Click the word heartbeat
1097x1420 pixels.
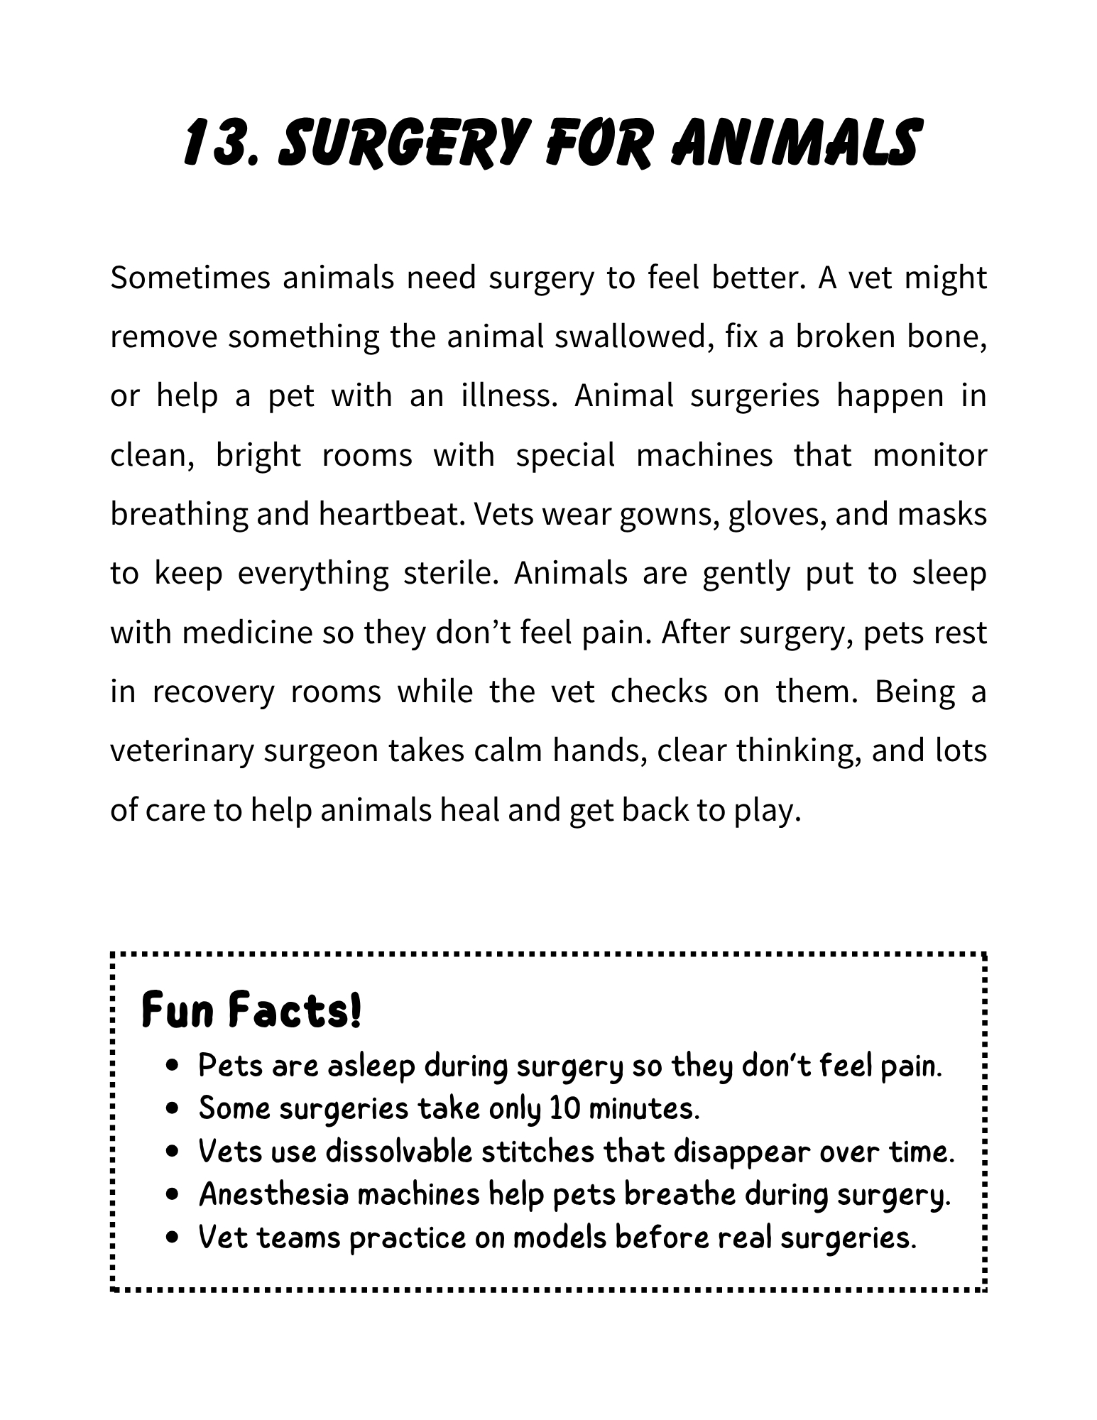click(391, 513)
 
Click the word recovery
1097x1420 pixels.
click(213, 692)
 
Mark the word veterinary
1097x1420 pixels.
click(181, 750)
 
